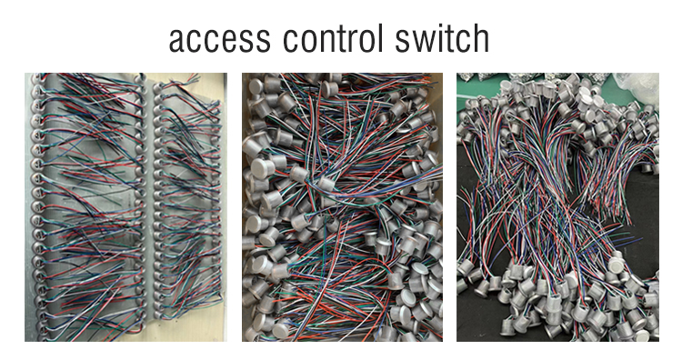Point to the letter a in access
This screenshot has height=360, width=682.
(x=178, y=41)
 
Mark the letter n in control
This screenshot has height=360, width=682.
(x=326, y=41)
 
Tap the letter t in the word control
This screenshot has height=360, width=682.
(x=341, y=38)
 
